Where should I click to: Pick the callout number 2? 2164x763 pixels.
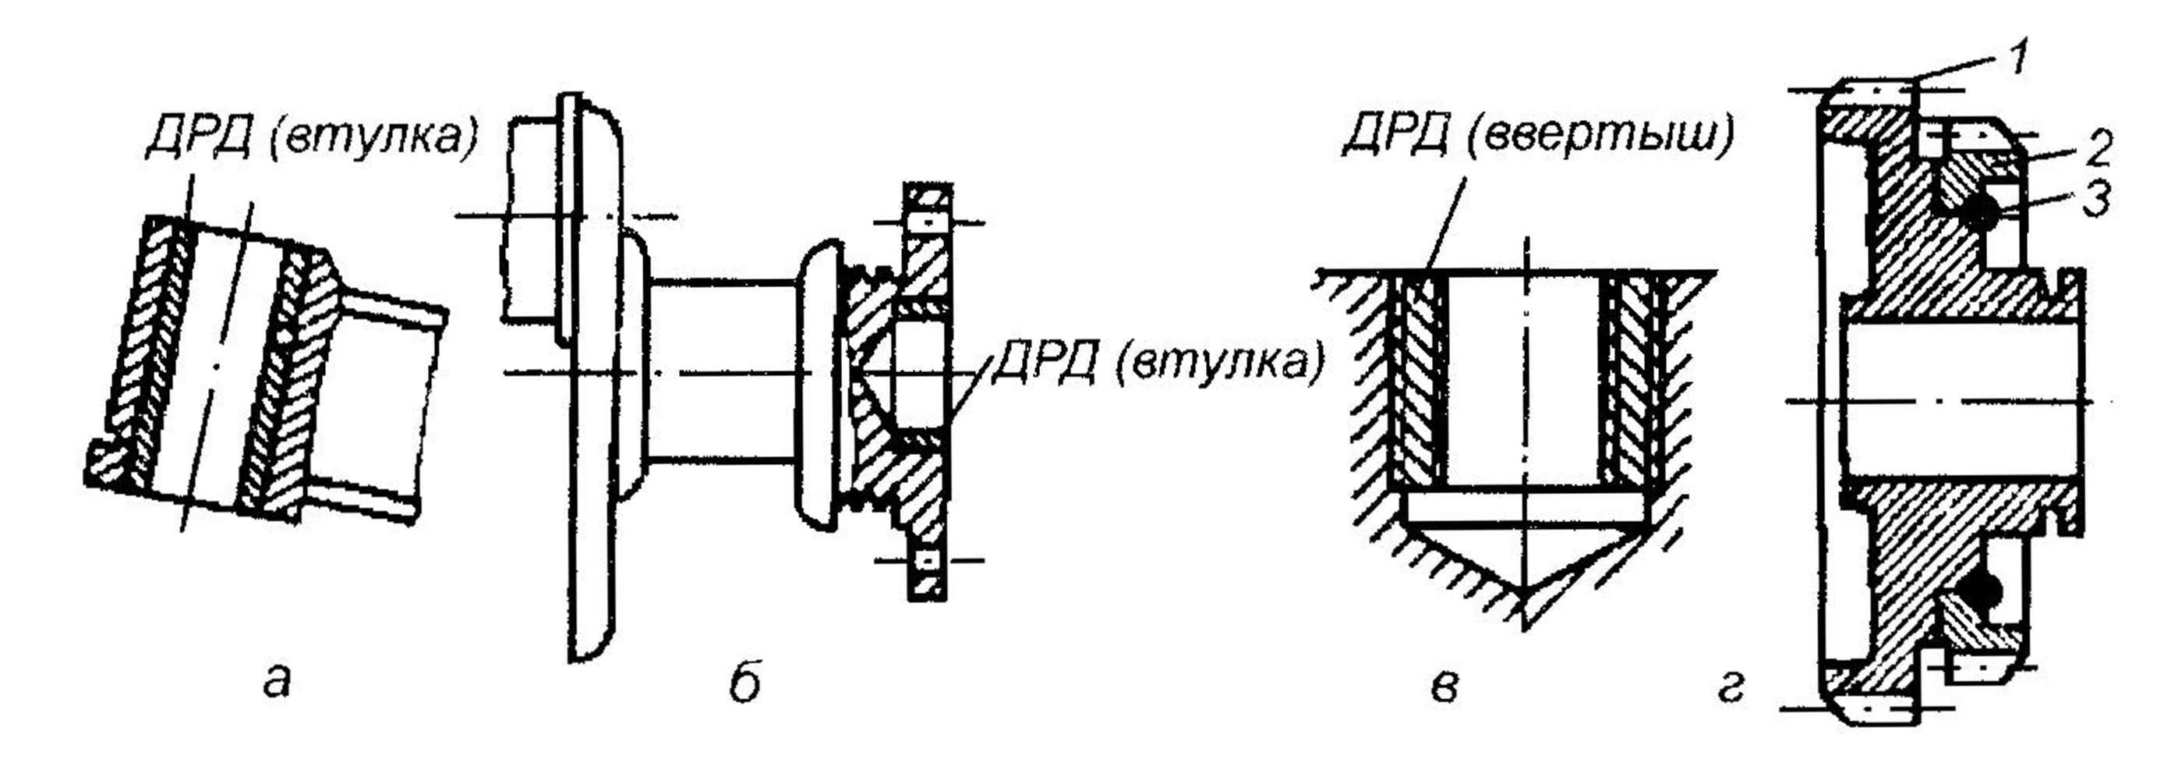[2098, 151]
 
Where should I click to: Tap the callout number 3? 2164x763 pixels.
[2097, 200]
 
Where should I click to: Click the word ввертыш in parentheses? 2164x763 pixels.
[1601, 138]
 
